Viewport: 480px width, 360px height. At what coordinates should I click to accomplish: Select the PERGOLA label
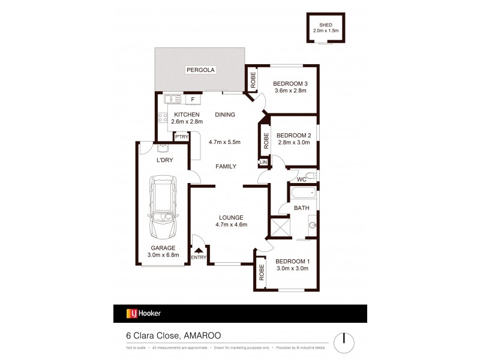click(200, 70)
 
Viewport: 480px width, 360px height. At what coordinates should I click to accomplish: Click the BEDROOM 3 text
click(290, 83)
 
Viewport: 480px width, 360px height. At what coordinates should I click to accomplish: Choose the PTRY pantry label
click(182, 137)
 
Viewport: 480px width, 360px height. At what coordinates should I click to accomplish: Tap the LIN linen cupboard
click(263, 162)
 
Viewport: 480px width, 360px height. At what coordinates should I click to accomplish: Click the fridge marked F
click(193, 99)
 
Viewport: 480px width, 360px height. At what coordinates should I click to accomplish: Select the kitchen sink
click(173, 99)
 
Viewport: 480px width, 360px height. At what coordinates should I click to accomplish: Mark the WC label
click(302, 178)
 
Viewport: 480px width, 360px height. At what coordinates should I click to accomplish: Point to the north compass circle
click(344, 338)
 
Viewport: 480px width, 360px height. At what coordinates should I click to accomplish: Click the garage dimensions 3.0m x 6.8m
click(163, 255)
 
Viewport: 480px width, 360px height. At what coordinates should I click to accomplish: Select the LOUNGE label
click(231, 217)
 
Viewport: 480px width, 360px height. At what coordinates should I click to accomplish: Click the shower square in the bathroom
click(280, 228)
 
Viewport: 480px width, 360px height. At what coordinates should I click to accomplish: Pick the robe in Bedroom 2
click(265, 140)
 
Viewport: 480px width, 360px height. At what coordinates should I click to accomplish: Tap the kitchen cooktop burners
click(162, 116)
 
